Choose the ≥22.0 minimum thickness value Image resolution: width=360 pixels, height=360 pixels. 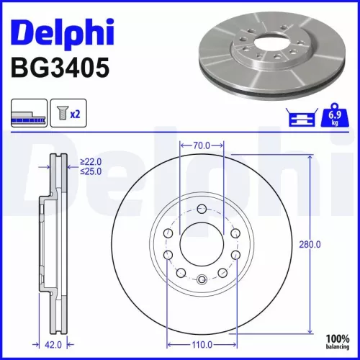click(91, 161)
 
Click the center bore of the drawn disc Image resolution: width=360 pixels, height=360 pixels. click(202, 245)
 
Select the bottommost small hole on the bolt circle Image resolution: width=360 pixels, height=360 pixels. click(202, 280)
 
